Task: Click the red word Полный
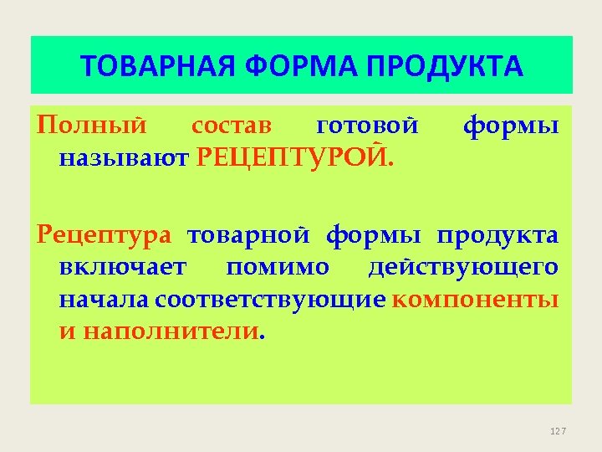[x=92, y=126]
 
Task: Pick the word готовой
[x=368, y=126]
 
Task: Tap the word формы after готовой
[x=511, y=126]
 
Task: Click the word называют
[x=125, y=156]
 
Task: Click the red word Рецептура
[x=105, y=235]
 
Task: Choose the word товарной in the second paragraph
[x=251, y=235]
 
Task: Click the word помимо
[x=278, y=267]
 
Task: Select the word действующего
[x=464, y=267]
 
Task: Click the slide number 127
[x=559, y=431]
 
